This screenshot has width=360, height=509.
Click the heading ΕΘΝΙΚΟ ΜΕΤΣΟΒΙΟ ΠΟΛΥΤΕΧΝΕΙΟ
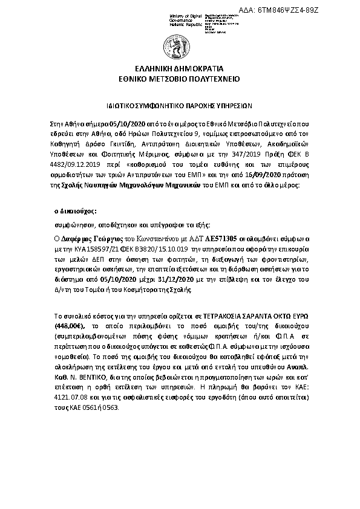click(180, 79)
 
